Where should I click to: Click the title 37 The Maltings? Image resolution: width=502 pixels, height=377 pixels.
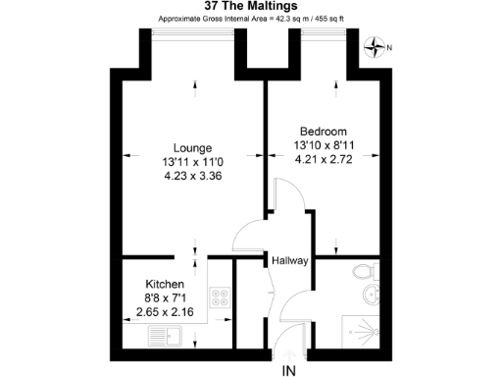(250, 7)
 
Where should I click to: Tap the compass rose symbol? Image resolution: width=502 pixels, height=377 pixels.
(376, 45)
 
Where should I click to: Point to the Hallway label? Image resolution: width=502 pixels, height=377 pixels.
(290, 260)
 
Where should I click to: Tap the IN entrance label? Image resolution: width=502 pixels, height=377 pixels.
(288, 369)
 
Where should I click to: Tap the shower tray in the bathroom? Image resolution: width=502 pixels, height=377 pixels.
(364, 331)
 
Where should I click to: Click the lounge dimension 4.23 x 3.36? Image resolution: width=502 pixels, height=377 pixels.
(183, 178)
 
